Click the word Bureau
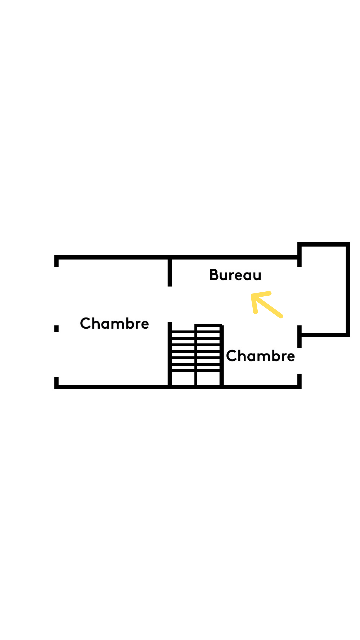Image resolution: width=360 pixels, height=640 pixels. pos(235,275)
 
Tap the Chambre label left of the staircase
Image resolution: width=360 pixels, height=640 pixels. pos(114,324)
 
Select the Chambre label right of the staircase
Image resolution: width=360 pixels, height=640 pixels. pos(260,356)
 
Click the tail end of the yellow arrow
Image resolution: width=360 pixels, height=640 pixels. pos(281,316)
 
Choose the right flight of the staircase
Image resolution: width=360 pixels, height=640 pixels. pos(208,355)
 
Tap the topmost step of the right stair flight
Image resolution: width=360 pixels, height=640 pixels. pos(208,328)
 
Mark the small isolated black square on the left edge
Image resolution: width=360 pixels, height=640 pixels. pos(56,329)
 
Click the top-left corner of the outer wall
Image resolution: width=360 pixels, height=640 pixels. pos(56,257)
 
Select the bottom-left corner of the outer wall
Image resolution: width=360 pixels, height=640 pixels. pos(56,387)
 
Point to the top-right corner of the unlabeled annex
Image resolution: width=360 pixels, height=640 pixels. pos(348,245)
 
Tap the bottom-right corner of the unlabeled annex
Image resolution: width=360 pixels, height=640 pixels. pos(348,335)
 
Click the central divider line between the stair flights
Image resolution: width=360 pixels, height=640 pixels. pos(196,355)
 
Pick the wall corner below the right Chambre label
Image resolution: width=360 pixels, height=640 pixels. pos(299,386)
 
